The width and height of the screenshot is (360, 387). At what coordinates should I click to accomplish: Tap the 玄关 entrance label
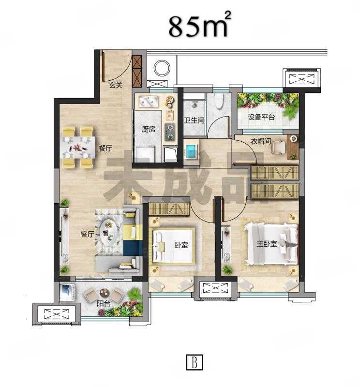[x=116, y=86]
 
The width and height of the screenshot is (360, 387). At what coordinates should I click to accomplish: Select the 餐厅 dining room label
[x=105, y=148]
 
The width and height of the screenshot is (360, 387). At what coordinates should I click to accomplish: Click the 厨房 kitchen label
[x=149, y=129]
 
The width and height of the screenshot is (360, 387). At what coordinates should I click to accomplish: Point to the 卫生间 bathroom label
[x=194, y=120]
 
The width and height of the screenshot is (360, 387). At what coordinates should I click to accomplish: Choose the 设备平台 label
[x=261, y=117]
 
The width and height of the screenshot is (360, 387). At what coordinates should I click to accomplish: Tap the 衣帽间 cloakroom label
[x=261, y=141]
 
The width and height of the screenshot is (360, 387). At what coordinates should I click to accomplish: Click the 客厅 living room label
[x=88, y=234]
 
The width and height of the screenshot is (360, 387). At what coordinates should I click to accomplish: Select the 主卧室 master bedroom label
[x=267, y=244]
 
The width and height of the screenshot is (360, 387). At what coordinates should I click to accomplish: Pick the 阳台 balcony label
[x=103, y=303]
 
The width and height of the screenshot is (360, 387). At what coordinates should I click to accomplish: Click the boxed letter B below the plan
[x=195, y=362]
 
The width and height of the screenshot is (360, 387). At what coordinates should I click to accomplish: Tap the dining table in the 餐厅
[x=78, y=148]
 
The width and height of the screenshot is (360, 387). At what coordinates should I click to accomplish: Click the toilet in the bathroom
[x=219, y=101]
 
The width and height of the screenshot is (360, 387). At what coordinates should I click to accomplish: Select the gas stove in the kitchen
[x=170, y=132]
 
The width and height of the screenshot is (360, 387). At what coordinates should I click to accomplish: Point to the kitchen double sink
[x=148, y=102]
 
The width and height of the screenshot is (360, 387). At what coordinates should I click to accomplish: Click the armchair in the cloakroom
[x=278, y=147]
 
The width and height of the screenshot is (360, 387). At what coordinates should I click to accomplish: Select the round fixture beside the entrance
[x=162, y=68]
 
